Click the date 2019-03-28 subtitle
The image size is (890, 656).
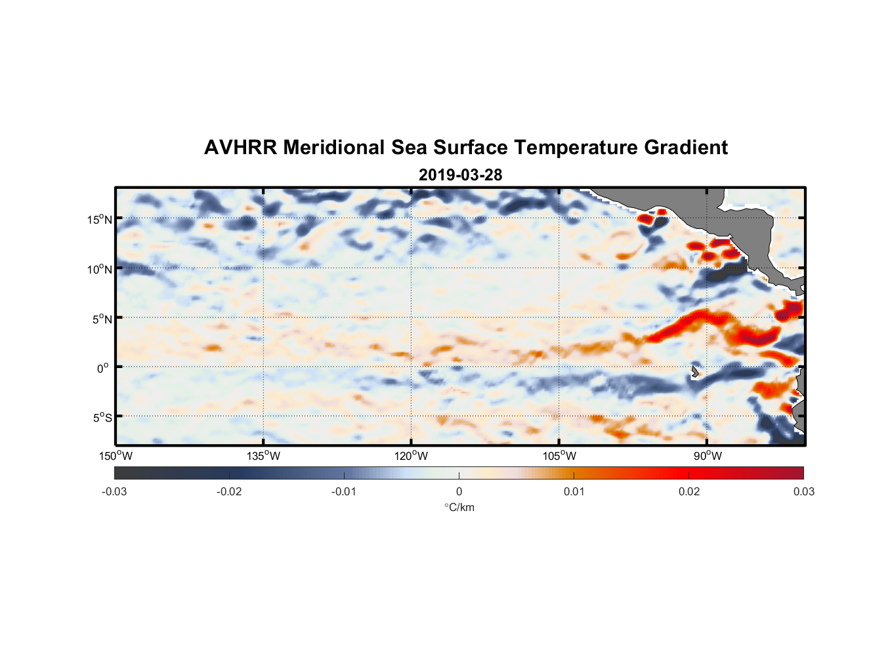click(x=460, y=174)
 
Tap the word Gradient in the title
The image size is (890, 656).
click(x=685, y=148)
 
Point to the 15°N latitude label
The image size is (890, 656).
click(x=100, y=219)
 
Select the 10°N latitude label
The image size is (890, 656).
click(x=100, y=269)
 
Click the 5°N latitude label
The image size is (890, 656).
click(x=102, y=319)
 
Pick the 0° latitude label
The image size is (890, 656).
click(x=103, y=369)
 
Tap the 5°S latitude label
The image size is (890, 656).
click(x=102, y=418)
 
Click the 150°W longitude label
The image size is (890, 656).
click(x=116, y=456)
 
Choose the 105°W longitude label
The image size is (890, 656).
click(x=559, y=456)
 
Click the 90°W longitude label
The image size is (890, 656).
click(x=708, y=456)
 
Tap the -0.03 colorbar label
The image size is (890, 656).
click(x=114, y=491)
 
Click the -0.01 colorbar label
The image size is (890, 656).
click(x=344, y=491)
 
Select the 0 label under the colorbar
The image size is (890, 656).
click(x=459, y=491)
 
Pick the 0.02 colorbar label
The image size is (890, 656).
click(x=689, y=491)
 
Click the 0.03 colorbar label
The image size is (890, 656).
click(x=803, y=491)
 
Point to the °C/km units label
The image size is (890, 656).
click(x=459, y=507)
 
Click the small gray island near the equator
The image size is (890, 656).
click(x=694, y=372)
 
